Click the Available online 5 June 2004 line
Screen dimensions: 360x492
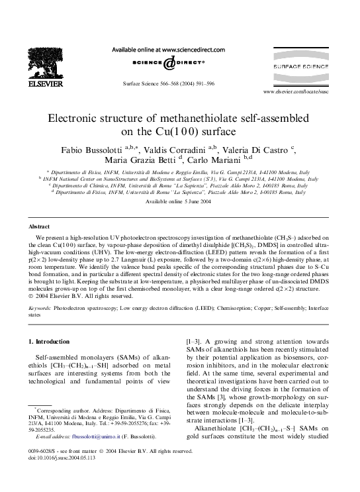[x=179, y=201]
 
